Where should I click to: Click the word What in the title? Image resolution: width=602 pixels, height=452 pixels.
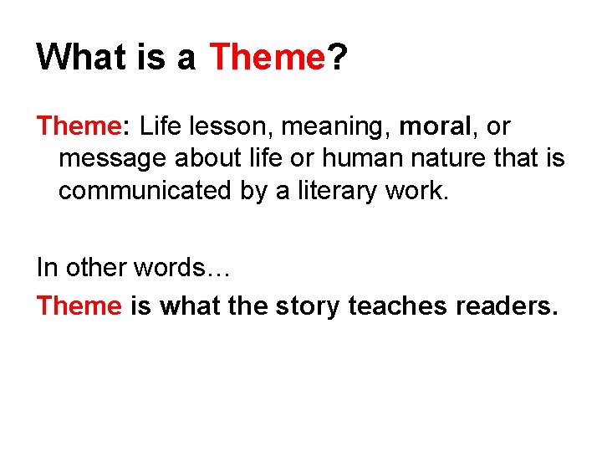click(x=76, y=57)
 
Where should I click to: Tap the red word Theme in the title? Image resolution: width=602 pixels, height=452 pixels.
click(x=267, y=57)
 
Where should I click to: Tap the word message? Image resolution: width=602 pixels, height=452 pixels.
click(x=112, y=158)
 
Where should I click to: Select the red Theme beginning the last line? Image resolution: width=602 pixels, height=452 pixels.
click(x=79, y=306)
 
